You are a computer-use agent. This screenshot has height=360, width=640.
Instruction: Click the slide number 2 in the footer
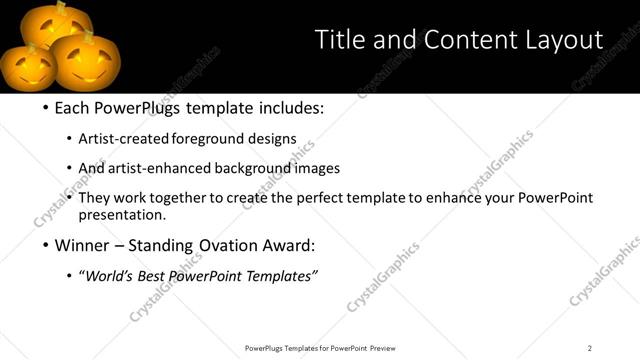590,348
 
